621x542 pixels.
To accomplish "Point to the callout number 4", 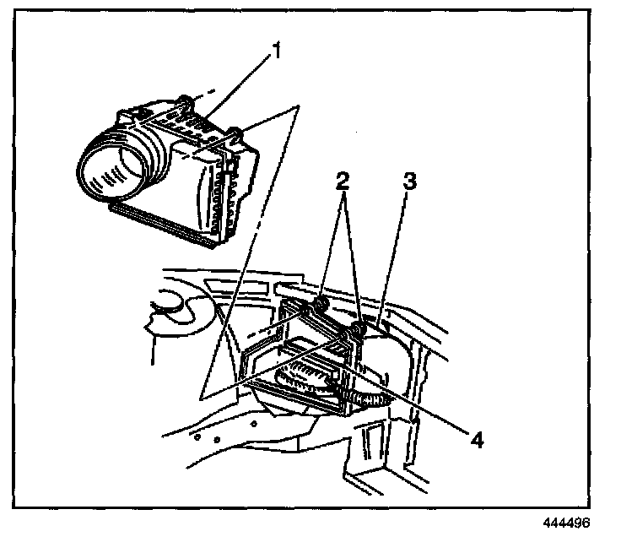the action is click(477, 440).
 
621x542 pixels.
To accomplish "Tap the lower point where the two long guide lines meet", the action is click(202, 397).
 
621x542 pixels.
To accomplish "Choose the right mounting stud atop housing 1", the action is click(237, 133).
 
